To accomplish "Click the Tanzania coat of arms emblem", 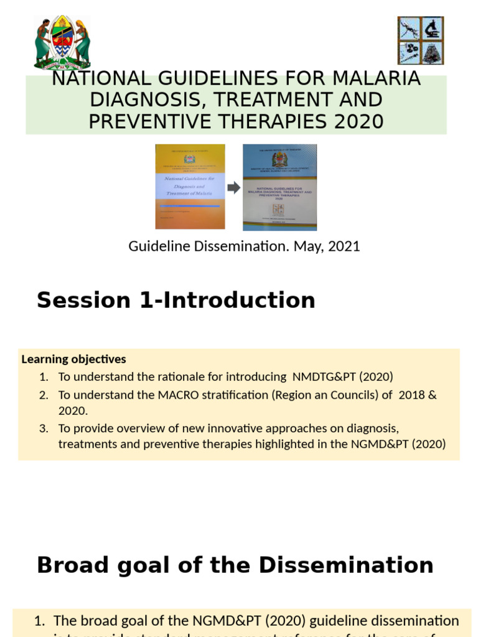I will pyautogui.click(x=62, y=42).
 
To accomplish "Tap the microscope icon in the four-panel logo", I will pyautogui.click(x=432, y=29).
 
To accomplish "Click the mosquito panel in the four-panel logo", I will pyautogui.click(x=409, y=29).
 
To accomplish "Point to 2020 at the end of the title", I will pyautogui.click(x=359, y=121).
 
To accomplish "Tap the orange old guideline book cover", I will pyautogui.click(x=190, y=187).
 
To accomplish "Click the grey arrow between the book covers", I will pyautogui.click(x=233, y=188).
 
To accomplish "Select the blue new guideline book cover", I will pyautogui.click(x=279, y=187).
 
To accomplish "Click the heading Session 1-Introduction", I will pyautogui.click(x=176, y=300).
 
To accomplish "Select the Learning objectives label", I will pyautogui.click(x=73, y=359).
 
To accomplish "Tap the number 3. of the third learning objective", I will pyautogui.click(x=43, y=428).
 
